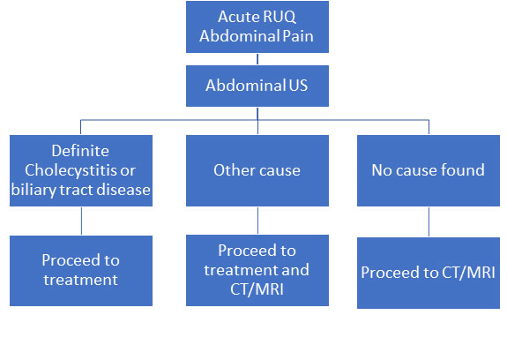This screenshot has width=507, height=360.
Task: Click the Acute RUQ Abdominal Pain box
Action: point(257,26)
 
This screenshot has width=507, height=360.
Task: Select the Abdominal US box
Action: point(257,86)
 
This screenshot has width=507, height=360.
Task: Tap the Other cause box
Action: point(257,170)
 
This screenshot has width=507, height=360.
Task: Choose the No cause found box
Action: point(429,170)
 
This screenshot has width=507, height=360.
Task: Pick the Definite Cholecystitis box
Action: point(81,170)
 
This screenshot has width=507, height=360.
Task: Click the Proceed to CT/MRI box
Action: point(429,273)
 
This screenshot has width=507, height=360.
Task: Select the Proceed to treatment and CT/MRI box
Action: point(257,270)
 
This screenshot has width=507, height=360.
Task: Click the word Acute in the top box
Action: point(233,17)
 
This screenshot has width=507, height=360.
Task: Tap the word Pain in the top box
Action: point(298,36)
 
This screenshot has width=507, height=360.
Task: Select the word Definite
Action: point(80,151)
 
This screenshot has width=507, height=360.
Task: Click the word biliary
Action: point(34,191)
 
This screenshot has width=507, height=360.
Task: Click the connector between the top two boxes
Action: point(257,59)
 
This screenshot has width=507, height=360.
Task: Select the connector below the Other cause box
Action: point(257,221)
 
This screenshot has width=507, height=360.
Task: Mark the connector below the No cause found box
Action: point(429,221)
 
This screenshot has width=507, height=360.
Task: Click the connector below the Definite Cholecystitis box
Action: point(81,221)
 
